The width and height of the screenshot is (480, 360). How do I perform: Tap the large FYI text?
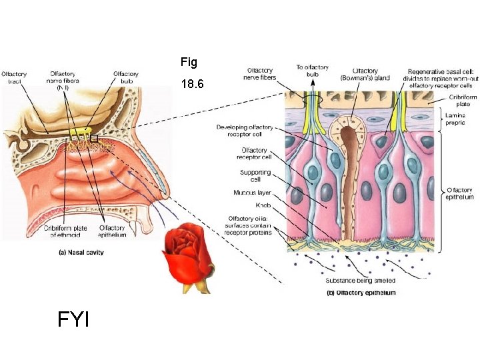(73, 320)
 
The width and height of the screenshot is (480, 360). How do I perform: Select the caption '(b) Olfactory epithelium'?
(361, 293)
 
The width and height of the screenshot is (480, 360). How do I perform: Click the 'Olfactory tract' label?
(14, 77)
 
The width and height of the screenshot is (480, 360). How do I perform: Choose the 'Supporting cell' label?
(255, 176)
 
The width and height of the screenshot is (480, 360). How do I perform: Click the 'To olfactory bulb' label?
(311, 71)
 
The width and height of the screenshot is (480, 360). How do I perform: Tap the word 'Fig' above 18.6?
(189, 63)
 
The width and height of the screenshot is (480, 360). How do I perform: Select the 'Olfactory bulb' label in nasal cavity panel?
(125, 77)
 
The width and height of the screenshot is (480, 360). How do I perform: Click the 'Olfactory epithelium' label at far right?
(460, 193)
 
